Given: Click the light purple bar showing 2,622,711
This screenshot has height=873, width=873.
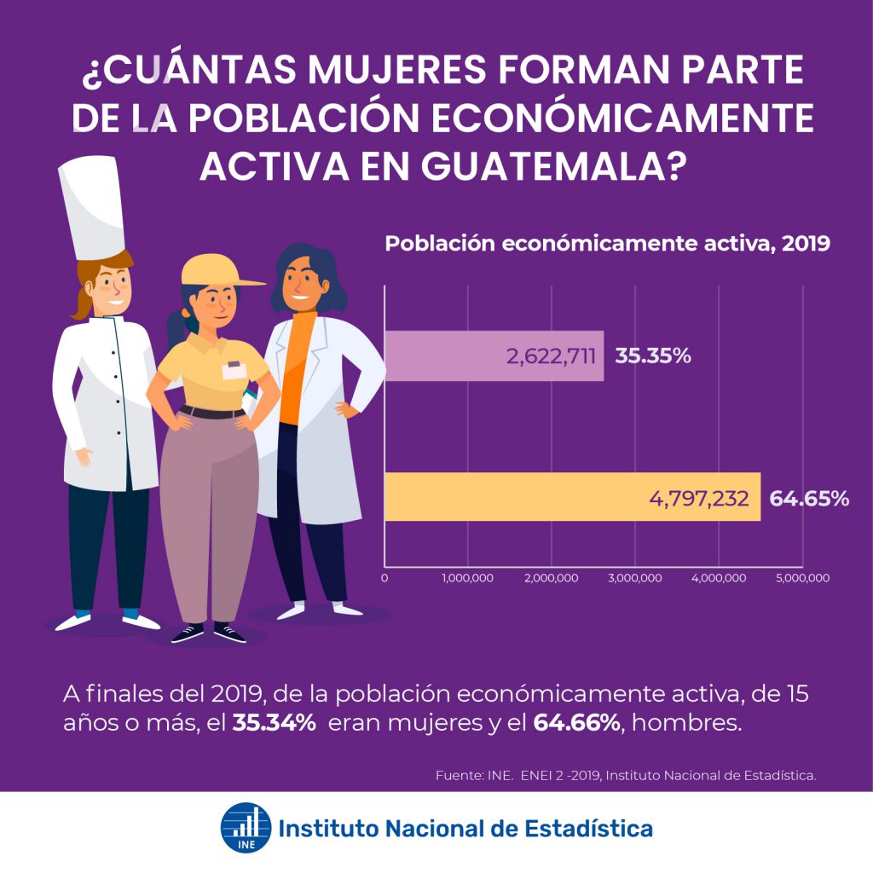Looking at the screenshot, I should click(494, 356).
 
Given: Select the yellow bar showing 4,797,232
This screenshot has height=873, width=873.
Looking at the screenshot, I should click(571, 496).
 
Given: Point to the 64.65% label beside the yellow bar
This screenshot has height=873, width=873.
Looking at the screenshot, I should click(809, 498).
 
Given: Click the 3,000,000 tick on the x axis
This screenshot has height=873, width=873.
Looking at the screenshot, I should click(637, 578).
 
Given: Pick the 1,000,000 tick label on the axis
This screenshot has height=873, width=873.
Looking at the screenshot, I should click(468, 578).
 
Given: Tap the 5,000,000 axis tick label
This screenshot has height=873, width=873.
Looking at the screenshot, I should click(803, 578).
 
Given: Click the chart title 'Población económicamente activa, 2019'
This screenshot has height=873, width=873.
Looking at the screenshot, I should click(607, 243).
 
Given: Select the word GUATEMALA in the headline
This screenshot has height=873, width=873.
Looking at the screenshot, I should click(552, 166).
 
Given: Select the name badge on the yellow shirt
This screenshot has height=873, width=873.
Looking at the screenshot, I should click(233, 370).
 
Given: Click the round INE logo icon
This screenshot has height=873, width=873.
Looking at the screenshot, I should click(246, 827).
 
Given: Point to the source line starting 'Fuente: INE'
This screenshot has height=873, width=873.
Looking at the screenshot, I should click(626, 775).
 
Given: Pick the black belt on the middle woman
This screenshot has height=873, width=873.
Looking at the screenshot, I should click(211, 413).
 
